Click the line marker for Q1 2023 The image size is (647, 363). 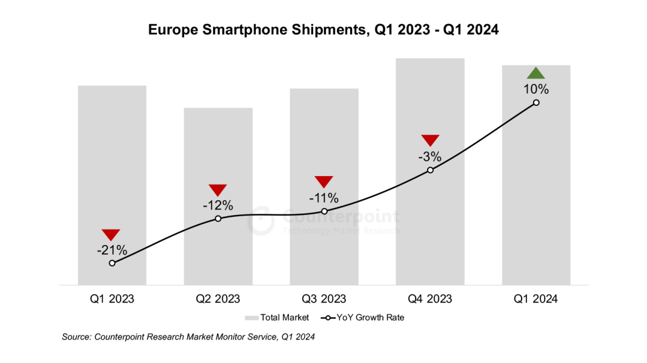pyautogui.click(x=112, y=263)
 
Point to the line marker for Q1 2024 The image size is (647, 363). pyautogui.click(x=536, y=103)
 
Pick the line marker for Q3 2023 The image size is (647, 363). pyautogui.click(x=324, y=211)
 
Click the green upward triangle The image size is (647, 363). pyautogui.click(x=536, y=74)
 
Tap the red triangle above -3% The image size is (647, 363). pyautogui.click(x=430, y=140)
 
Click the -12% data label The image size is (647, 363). pyautogui.click(x=217, y=204)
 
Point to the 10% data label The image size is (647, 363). pyautogui.click(x=536, y=90)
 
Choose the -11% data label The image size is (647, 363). pyautogui.click(x=323, y=198)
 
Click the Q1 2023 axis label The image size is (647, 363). pyautogui.click(x=112, y=299)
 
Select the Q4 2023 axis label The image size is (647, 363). pyautogui.click(x=430, y=299)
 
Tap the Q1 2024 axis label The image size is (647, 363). pyautogui.click(x=536, y=299)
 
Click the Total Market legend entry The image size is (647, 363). pyautogui.click(x=277, y=318)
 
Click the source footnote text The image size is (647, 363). pyautogui.click(x=188, y=337)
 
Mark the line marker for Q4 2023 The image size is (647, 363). pyautogui.click(x=430, y=170)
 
